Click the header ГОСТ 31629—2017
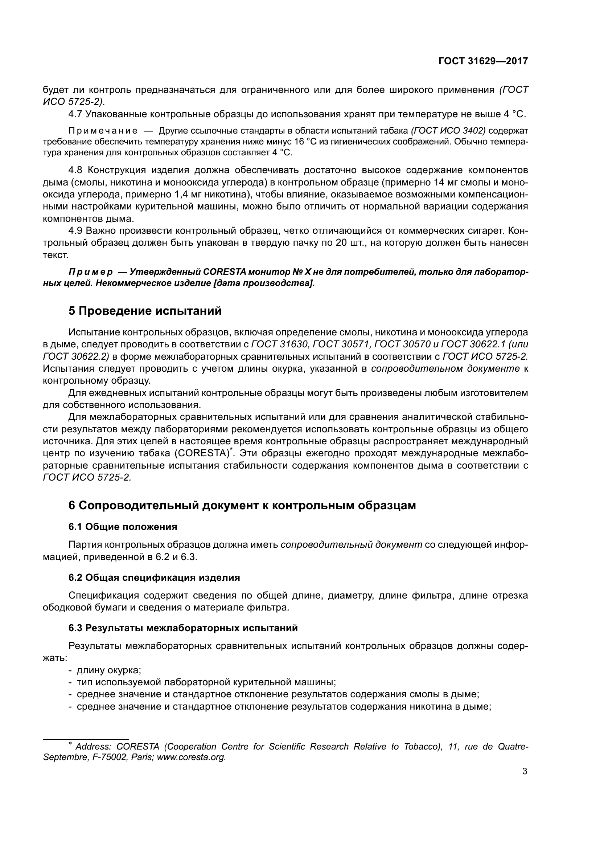(x=483, y=61)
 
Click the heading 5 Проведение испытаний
(x=145, y=311)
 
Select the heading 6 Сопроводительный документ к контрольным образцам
(x=242, y=505)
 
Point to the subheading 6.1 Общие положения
(x=123, y=527)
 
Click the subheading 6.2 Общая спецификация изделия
(x=154, y=577)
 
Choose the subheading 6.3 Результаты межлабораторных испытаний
(x=183, y=628)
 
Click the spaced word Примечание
(x=103, y=131)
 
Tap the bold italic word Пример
(x=91, y=272)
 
